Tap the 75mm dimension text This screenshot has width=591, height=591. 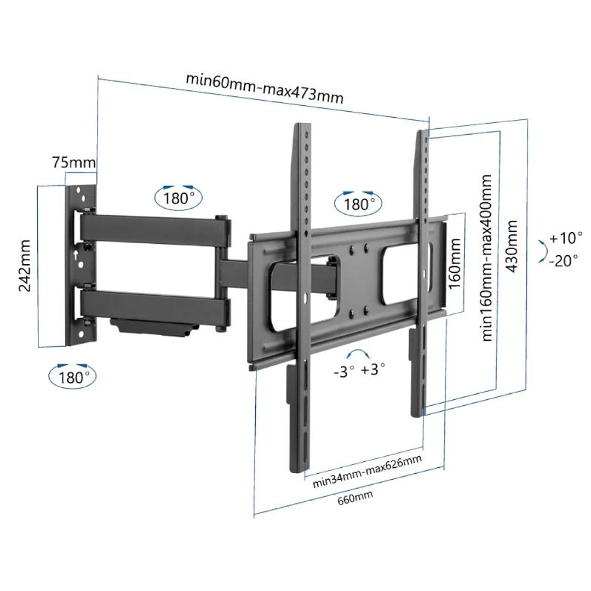(74, 162)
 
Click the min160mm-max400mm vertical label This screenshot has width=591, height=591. (486, 257)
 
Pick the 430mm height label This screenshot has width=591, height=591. (513, 246)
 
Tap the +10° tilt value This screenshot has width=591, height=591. (566, 238)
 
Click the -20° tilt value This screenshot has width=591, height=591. (564, 261)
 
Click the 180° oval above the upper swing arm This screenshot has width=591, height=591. (178, 197)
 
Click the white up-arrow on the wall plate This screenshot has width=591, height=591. (74, 254)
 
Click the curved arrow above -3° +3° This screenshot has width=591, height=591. (358, 355)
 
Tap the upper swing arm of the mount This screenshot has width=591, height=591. (153, 229)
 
